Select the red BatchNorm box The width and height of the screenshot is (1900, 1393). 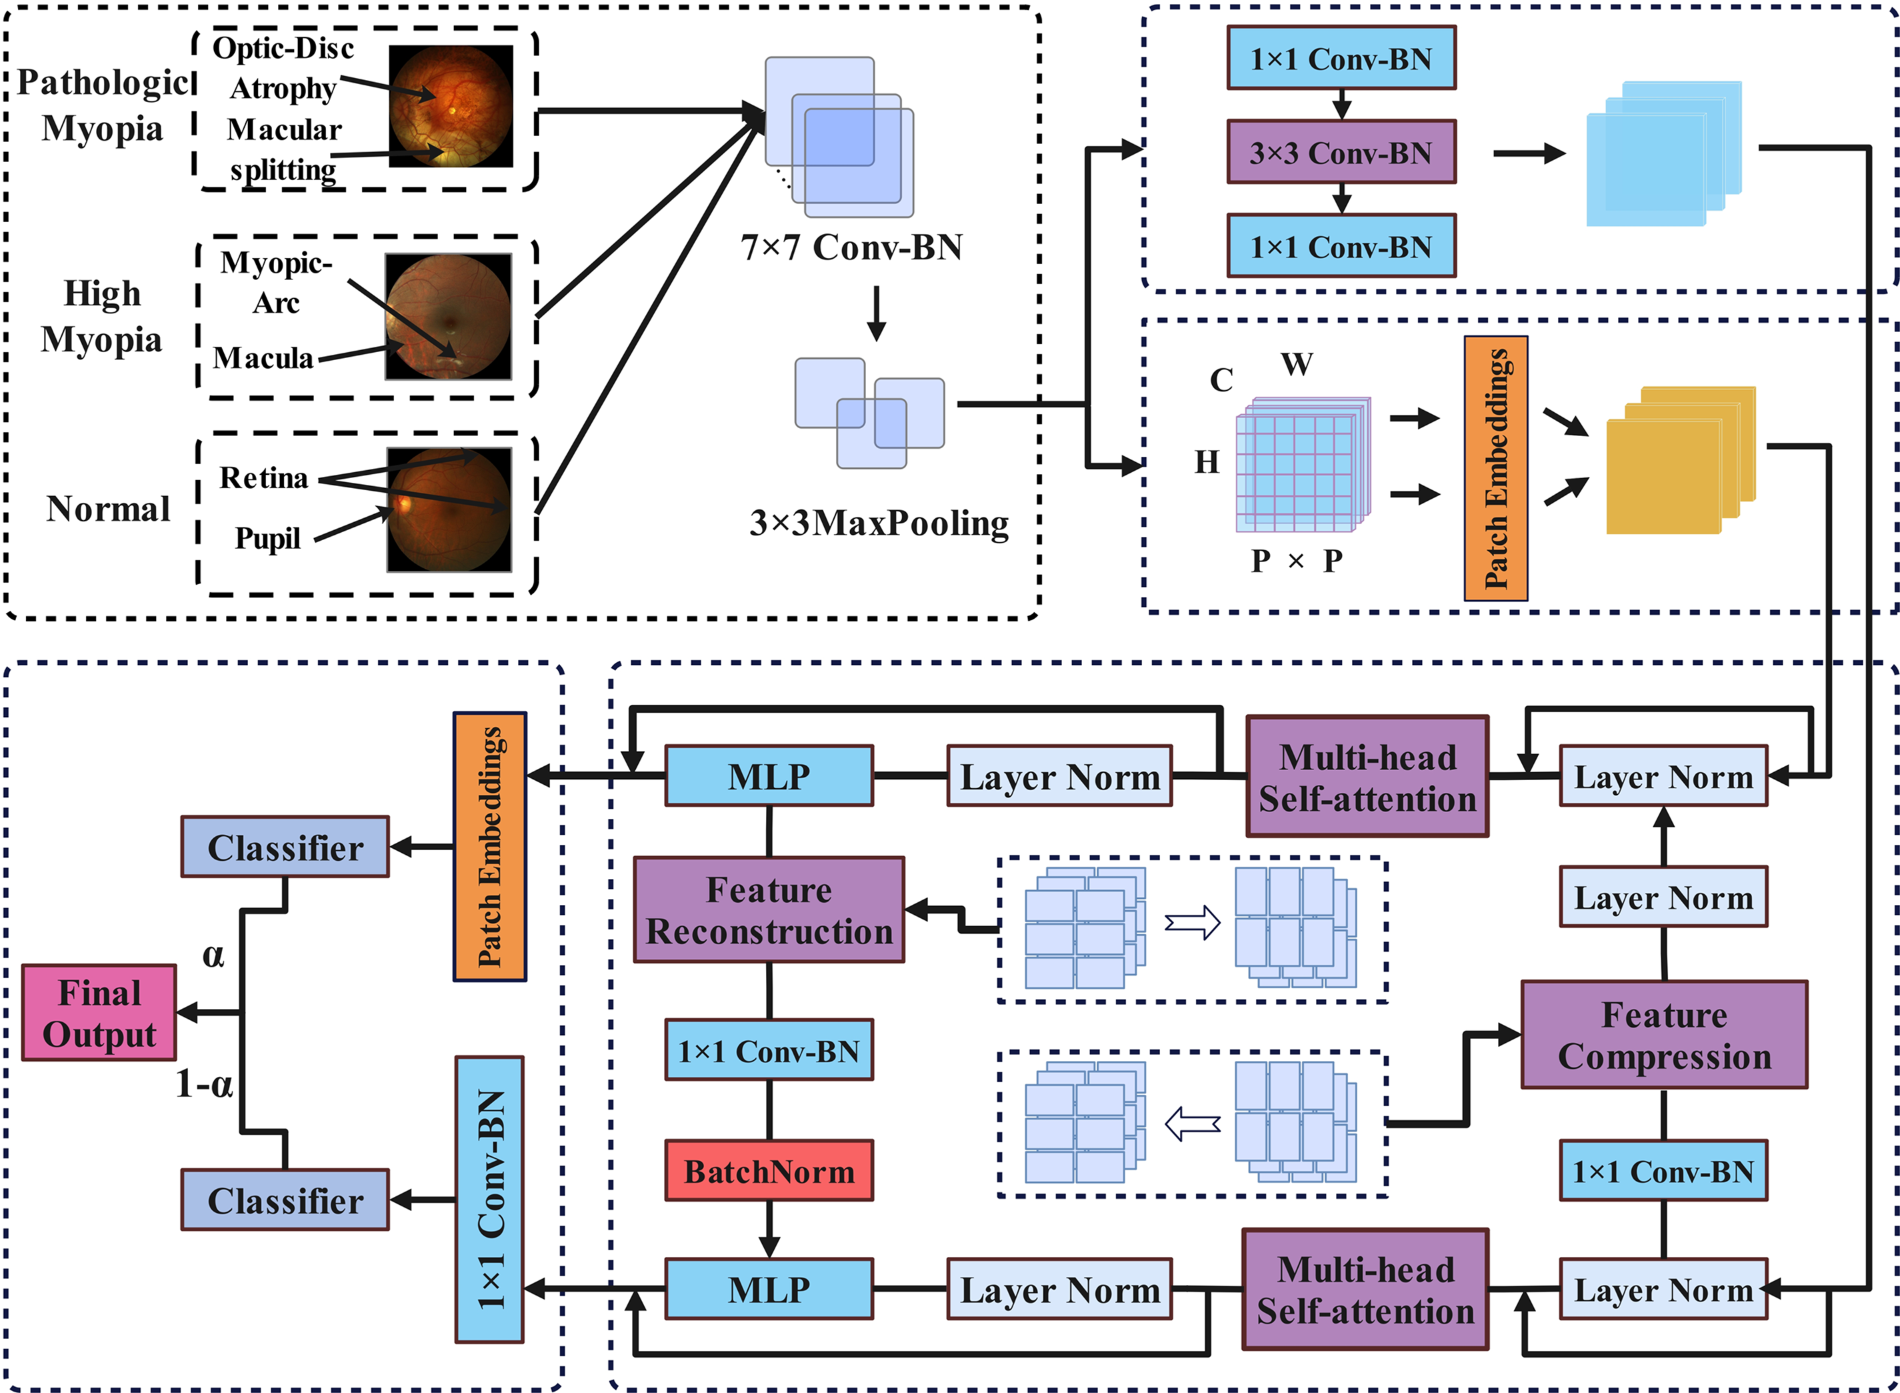pos(769,1170)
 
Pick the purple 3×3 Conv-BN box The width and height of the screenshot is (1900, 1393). pos(1340,152)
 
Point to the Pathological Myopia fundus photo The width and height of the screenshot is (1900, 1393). pos(450,106)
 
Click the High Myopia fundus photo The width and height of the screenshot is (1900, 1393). pos(447,316)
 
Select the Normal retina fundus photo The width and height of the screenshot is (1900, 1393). pos(449,509)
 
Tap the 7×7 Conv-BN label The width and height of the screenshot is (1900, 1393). pos(851,247)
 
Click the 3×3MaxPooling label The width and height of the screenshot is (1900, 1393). pos(879,523)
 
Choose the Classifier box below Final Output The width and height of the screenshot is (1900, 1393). pos(285,1200)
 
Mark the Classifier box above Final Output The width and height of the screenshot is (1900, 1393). pos(285,847)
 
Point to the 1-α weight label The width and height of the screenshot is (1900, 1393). pos(204,1084)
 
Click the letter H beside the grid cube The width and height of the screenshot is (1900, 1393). pos(1206,461)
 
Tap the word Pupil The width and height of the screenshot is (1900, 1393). pos(267,538)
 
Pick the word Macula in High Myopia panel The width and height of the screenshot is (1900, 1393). pos(263,357)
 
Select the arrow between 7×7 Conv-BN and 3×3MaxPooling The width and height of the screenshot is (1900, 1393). pos(877,313)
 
